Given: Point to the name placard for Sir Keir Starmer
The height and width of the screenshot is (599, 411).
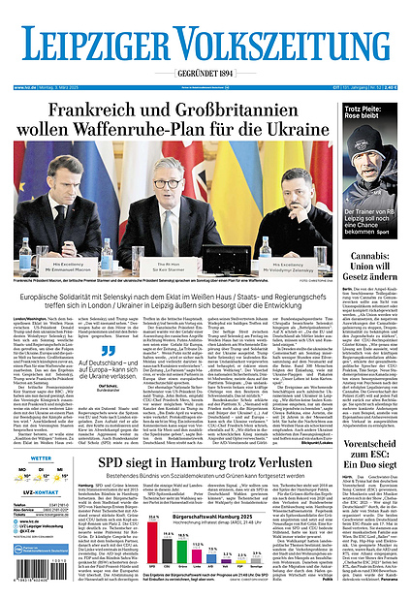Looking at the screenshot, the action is tap(169, 263).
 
